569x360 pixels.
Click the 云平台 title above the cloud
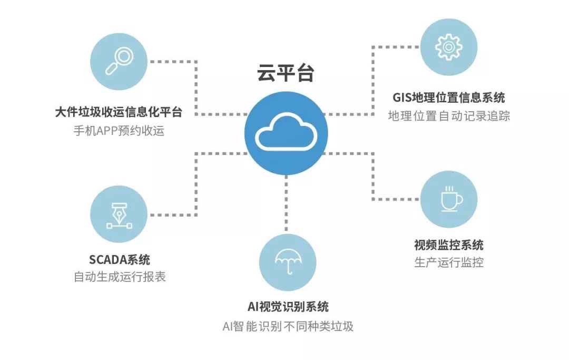pyautogui.click(x=286, y=73)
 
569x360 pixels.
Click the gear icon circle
pyautogui.click(x=449, y=47)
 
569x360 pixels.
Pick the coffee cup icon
pyautogui.click(x=450, y=199)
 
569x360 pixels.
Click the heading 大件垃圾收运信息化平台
pyautogui.click(x=119, y=112)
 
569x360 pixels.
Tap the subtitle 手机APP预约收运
pyautogui.click(x=119, y=131)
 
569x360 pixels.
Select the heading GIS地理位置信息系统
pyautogui.click(x=449, y=98)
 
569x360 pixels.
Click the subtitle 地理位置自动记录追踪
pyautogui.click(x=449, y=116)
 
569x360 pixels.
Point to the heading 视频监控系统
pyautogui.click(x=449, y=245)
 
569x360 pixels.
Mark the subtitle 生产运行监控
pyautogui.click(x=449, y=262)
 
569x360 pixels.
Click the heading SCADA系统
pyautogui.click(x=120, y=259)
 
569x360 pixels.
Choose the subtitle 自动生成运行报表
pyautogui.click(x=120, y=277)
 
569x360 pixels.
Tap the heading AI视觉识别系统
pyautogui.click(x=288, y=307)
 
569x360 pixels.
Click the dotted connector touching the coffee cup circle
pyautogui.click(x=400, y=199)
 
